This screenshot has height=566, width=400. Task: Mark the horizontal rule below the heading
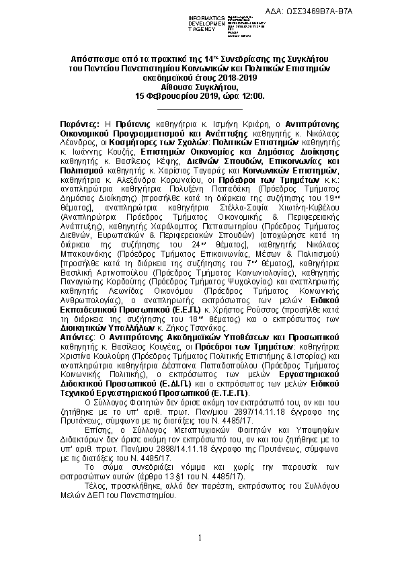(x=199, y=108)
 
